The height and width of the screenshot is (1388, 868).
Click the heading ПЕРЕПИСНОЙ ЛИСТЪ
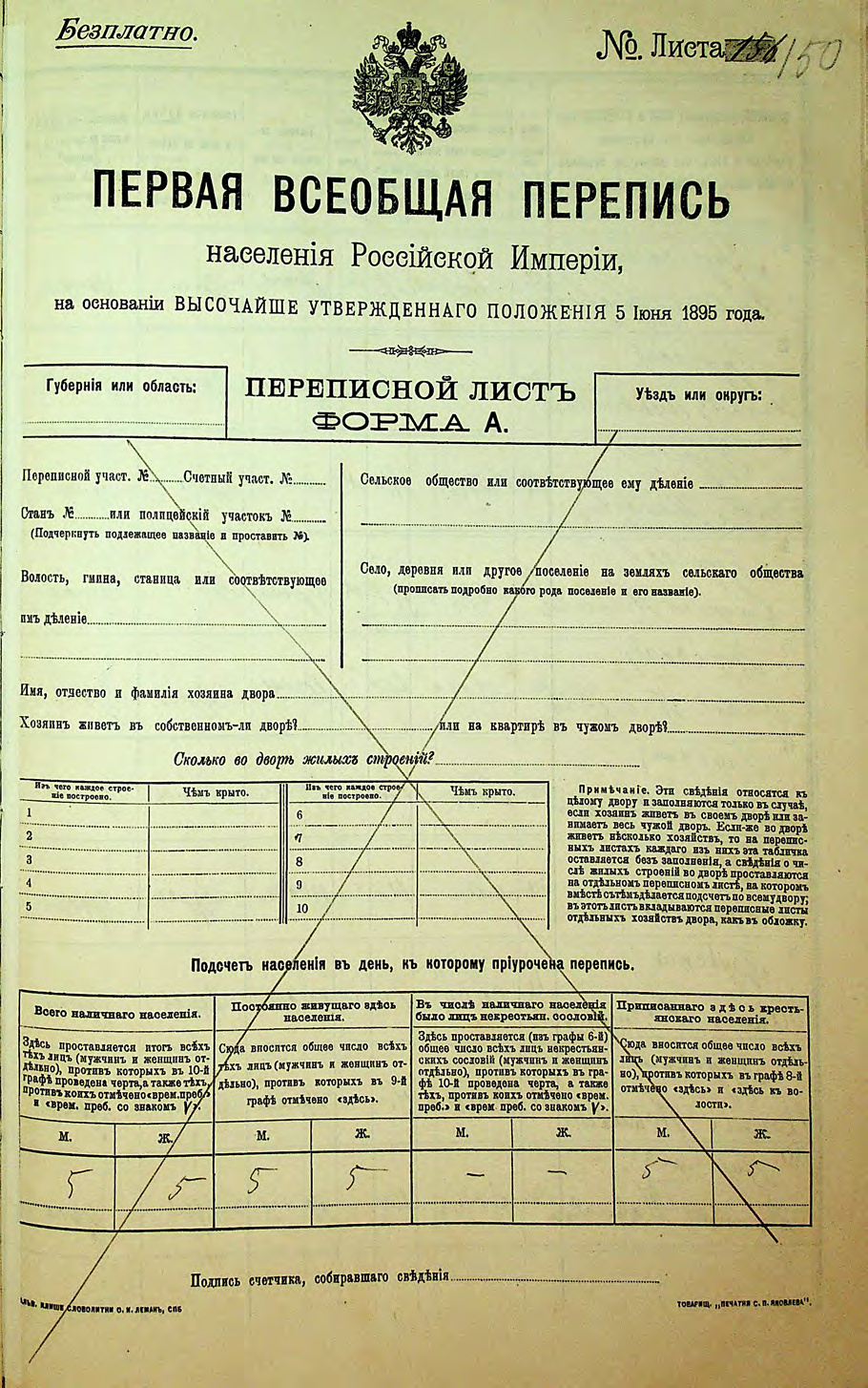tap(411, 390)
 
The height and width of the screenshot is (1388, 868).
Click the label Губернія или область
tap(121, 387)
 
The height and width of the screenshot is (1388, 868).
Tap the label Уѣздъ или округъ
tap(698, 394)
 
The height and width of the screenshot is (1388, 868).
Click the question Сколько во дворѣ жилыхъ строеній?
tap(304, 759)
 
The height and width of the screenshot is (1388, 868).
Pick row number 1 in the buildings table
tap(30, 813)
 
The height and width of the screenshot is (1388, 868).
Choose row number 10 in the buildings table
tap(302, 908)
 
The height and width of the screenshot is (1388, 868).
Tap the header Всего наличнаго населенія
tap(116, 1013)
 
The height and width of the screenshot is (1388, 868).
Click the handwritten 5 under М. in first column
tap(70, 1185)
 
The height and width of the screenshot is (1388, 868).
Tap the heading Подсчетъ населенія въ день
tap(411, 965)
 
